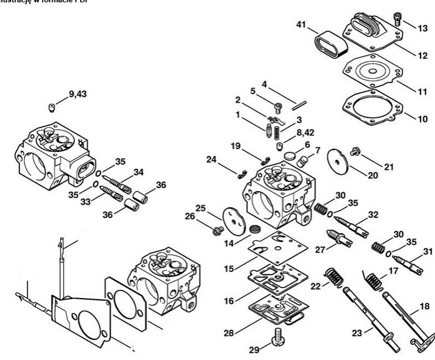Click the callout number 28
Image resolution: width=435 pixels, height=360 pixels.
coord(230,333)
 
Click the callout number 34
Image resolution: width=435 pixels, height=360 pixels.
coord(139,172)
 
